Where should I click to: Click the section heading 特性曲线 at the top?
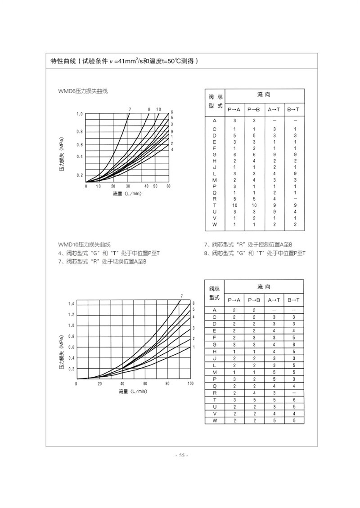coord(63,61)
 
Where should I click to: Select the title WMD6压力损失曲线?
coord(83,91)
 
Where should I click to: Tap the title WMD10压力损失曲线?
coord(84,245)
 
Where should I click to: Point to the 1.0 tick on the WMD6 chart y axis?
coord(80,114)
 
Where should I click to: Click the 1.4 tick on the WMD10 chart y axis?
coord(71,304)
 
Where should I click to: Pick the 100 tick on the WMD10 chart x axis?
coord(190,383)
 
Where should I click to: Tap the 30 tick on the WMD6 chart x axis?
coord(128,186)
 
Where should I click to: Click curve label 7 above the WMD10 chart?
coord(181,295)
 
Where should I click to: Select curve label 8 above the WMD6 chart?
coord(149,109)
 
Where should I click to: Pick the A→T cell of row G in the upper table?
coord(274,154)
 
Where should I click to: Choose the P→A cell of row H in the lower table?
coord(234,352)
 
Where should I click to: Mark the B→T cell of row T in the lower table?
coord(294,400)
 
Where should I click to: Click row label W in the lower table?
coord(215,420)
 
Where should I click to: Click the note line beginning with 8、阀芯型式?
coord(255,253)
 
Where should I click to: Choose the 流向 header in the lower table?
coord(264,287)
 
